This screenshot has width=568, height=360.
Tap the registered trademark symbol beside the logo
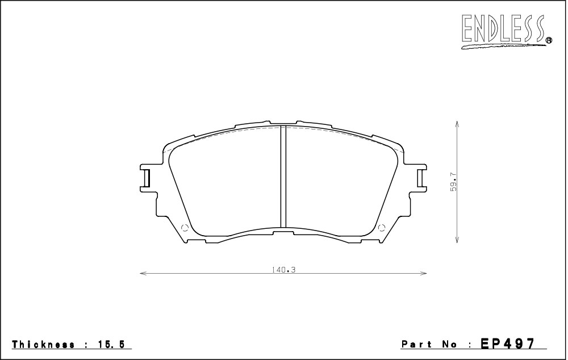(x=549, y=40)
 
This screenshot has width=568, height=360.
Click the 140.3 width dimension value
(x=283, y=270)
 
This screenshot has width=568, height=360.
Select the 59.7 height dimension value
(x=454, y=182)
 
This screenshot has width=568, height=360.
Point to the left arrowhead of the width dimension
(x=142, y=273)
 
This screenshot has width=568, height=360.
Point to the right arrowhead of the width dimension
(x=424, y=273)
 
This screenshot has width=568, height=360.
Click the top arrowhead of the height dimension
(x=457, y=123)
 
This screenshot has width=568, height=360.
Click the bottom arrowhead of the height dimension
(x=457, y=240)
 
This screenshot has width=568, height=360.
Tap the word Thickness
(x=44, y=345)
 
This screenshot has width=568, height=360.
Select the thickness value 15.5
(x=111, y=345)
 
